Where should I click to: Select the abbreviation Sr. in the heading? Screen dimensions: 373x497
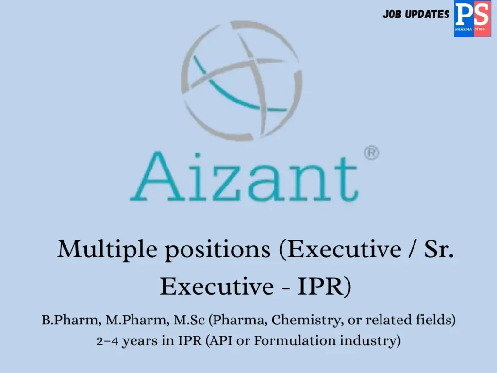point(439,250)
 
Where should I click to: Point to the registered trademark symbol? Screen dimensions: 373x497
point(371,153)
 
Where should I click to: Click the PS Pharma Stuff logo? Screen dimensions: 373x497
point(472,18)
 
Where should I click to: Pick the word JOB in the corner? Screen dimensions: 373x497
point(392,15)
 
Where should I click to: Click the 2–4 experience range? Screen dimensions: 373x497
point(107,341)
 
